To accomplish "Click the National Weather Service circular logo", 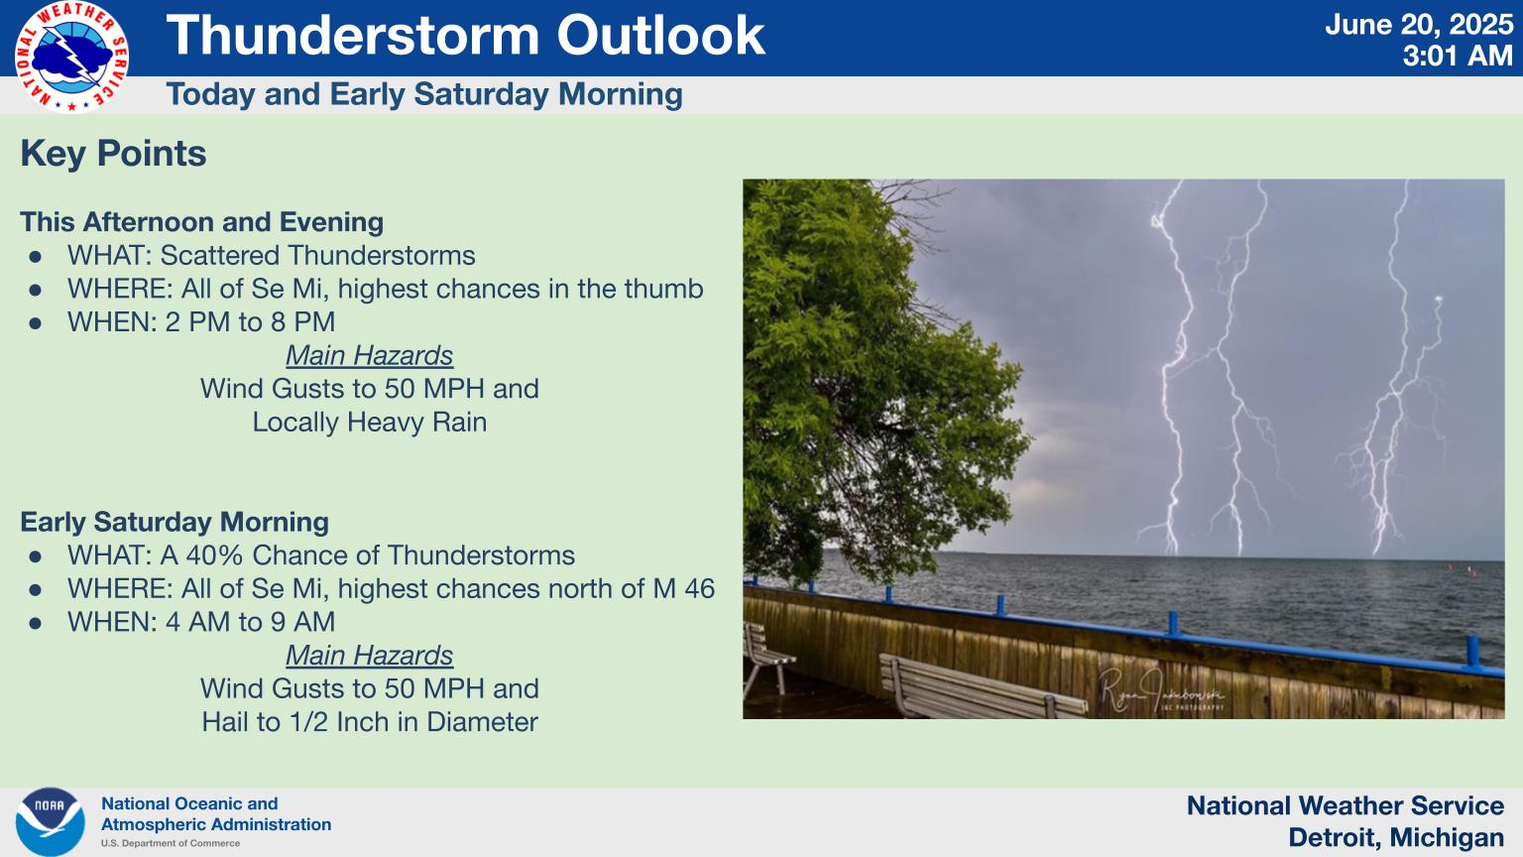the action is click(x=71, y=57).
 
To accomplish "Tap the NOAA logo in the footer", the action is click(x=50, y=821).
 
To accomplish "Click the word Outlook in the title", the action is click(x=661, y=36).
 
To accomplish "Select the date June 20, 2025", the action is click(x=1418, y=25).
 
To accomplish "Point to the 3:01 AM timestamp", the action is click(x=1458, y=57).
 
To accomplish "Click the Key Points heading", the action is click(x=114, y=153).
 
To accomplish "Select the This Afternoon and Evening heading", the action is click(x=202, y=222).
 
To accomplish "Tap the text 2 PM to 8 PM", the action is click(x=250, y=321).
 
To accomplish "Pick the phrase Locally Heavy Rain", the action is click(x=370, y=422).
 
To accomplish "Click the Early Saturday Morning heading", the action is click(x=175, y=523).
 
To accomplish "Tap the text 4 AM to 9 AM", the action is click(x=250, y=622).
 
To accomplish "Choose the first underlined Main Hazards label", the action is click(x=369, y=356).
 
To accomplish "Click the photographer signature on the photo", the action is click(x=1161, y=691).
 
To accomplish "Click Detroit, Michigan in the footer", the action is click(x=1396, y=837).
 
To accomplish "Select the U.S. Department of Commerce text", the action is click(x=171, y=843).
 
